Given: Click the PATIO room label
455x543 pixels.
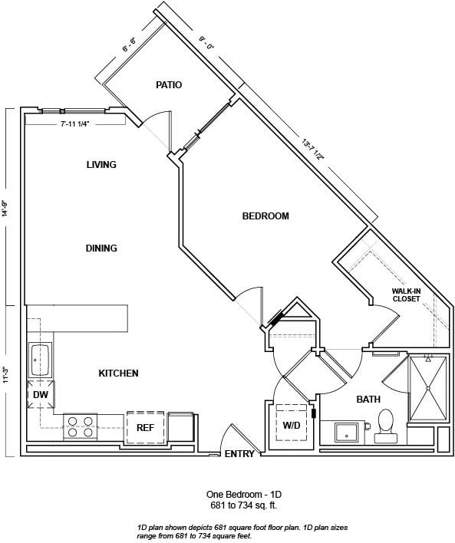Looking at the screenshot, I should coord(168,85).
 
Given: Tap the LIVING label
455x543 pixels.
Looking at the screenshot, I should coord(101,165).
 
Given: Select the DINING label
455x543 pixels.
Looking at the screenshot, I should coord(101,248).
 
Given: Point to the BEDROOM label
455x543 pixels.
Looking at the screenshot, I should coord(265,216).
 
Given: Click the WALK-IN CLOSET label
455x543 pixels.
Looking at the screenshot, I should coord(406,295).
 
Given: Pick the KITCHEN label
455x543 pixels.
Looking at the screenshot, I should coord(118,374).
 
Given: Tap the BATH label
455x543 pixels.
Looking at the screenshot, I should coord(368,400).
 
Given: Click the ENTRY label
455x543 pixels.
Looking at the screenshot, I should coord(239,454).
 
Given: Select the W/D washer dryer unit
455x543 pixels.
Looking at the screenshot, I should coord(292,423).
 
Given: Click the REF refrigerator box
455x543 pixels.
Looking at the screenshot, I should coord(146,427).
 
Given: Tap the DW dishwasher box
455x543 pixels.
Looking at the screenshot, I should coord(40,394).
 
